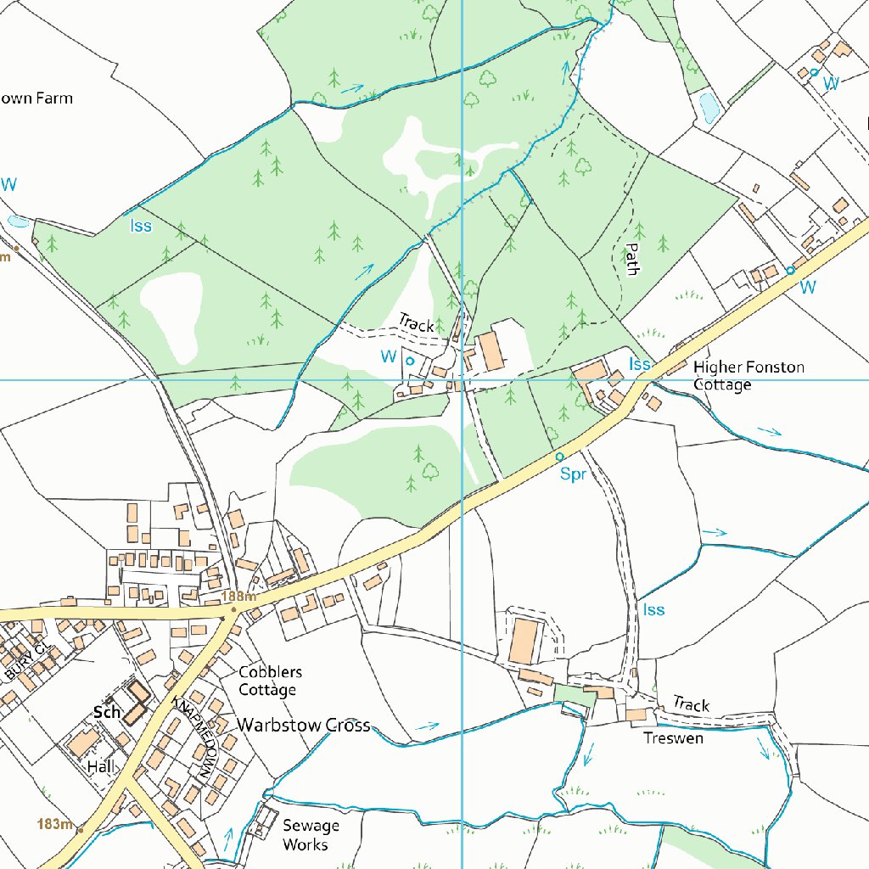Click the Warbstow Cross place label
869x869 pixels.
(304, 725)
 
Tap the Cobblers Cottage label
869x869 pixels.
(270, 681)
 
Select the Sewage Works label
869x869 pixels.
(311, 835)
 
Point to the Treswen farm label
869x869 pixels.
(673, 737)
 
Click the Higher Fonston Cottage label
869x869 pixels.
(748, 376)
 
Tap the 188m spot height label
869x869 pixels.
(239, 597)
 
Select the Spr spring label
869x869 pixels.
(573, 474)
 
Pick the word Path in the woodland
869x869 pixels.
(631, 259)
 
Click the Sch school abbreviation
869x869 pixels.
(108, 712)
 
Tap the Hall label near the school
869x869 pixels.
(100, 765)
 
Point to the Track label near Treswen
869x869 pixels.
(691, 704)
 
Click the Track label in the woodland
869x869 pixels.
(416, 323)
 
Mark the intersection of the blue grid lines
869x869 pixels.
(462, 379)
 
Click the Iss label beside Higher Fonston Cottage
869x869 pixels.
(639, 364)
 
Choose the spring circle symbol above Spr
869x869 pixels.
(559, 457)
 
